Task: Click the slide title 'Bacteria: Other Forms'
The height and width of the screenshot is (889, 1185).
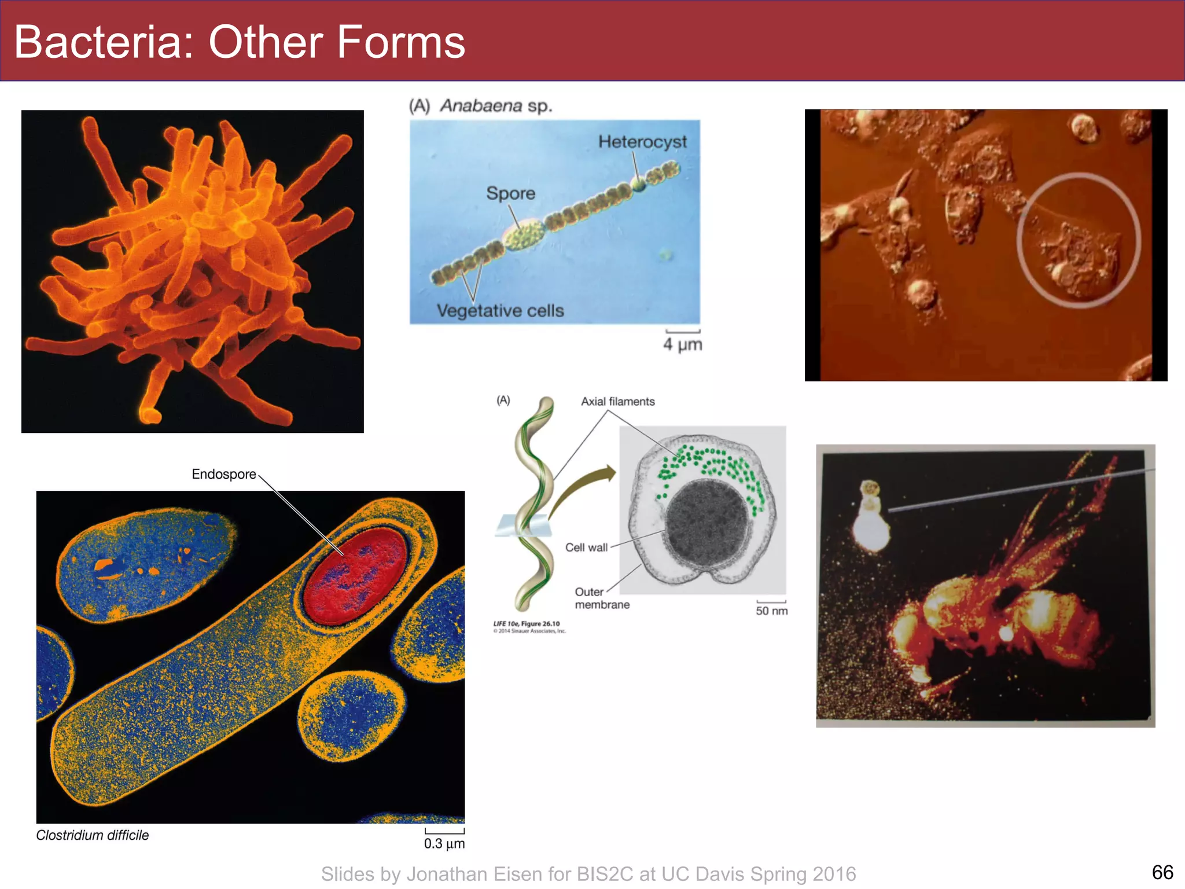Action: click(240, 42)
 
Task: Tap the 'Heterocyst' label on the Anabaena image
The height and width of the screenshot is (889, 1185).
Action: click(642, 142)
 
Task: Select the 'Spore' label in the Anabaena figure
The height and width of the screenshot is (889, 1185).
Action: click(510, 193)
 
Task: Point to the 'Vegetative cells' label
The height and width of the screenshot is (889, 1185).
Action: click(500, 311)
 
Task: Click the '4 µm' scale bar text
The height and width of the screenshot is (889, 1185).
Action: click(682, 344)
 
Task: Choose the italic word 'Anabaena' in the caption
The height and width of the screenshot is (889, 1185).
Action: click(481, 106)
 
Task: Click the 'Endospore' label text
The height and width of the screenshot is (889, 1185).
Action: click(223, 474)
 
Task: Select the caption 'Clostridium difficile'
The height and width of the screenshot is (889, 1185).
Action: click(92, 835)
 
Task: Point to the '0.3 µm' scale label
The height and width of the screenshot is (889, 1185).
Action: click(444, 843)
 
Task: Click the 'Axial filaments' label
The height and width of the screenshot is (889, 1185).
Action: click(617, 402)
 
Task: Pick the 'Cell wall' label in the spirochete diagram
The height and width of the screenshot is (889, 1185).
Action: click(586, 548)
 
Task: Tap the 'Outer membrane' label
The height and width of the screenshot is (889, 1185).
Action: click(601, 598)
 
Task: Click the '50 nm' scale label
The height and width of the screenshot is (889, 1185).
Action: click(771, 611)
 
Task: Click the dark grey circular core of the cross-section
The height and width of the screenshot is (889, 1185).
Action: click(707, 523)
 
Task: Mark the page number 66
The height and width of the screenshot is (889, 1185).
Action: click(1162, 872)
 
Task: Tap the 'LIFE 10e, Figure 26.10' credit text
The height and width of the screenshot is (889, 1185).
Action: click(526, 624)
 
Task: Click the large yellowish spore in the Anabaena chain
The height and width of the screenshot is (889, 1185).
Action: click(524, 235)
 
